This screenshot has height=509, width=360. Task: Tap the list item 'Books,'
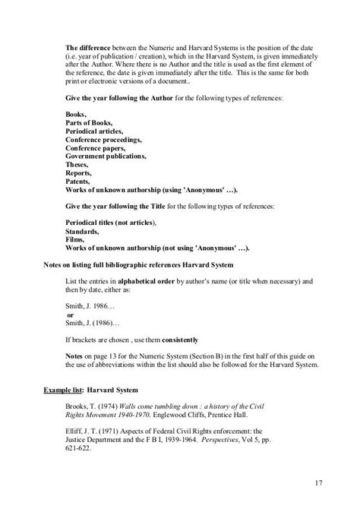tap(77, 115)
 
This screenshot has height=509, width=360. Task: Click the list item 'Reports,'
tap(79, 173)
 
